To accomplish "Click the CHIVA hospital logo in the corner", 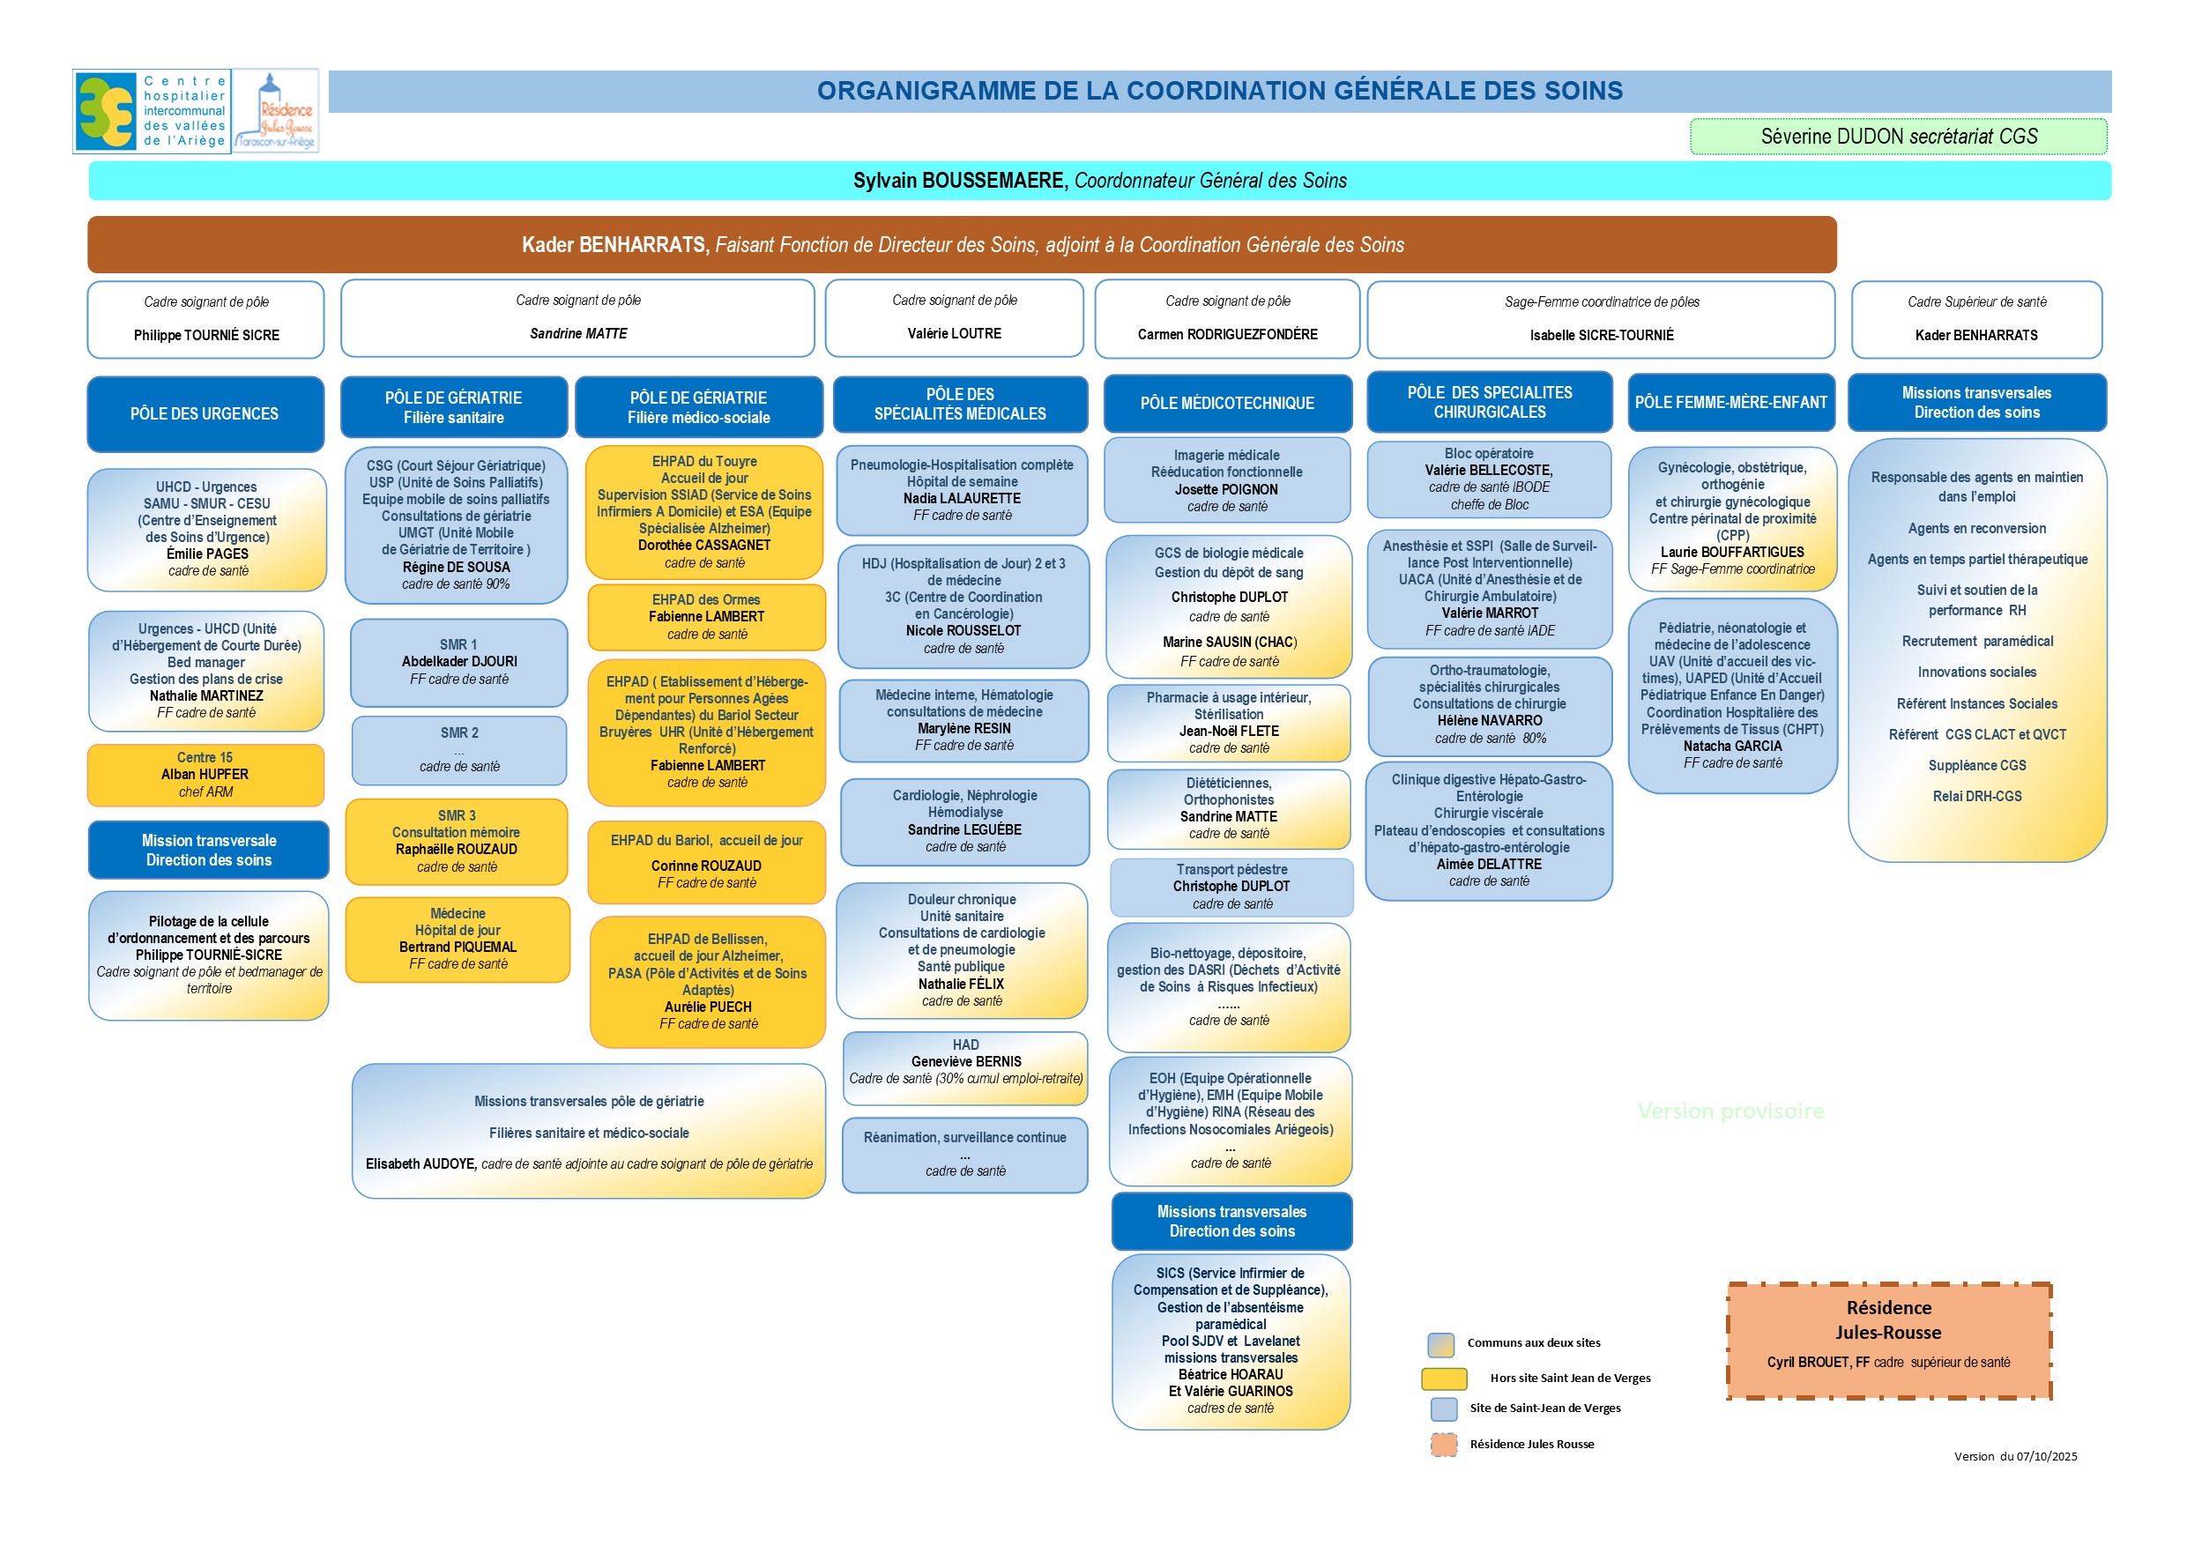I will tap(151, 110).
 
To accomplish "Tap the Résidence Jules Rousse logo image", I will tap(276, 110).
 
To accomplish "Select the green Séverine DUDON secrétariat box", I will tap(1898, 137).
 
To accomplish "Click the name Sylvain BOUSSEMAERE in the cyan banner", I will tap(959, 181).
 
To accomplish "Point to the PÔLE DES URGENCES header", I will tap(205, 413).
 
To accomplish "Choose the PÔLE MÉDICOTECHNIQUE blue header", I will tap(1227, 403).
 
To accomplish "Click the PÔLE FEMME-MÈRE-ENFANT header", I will tap(1730, 402).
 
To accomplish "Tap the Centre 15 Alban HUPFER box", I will tap(205, 775).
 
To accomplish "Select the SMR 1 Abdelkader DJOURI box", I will tap(459, 662).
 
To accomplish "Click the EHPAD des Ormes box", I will tap(706, 616).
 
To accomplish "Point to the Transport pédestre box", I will tap(1231, 886).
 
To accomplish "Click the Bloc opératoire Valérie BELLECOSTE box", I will tap(1489, 479).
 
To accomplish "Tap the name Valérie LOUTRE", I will tap(955, 333).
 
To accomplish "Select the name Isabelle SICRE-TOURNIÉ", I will tap(1601, 335).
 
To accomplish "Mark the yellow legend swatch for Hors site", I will tap(1443, 1379).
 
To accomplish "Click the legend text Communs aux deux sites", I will tap(1534, 1343).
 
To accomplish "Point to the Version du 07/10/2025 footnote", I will tap(2015, 1456).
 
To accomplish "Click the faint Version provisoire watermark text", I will tap(1730, 1111).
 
